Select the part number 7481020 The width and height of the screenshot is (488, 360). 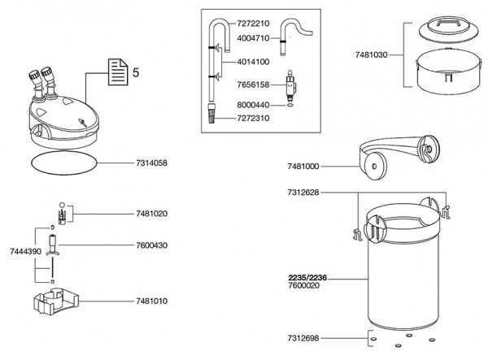tap(153, 215)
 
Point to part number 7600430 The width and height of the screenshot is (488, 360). tap(153, 245)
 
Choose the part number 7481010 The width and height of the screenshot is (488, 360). tap(153, 301)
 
